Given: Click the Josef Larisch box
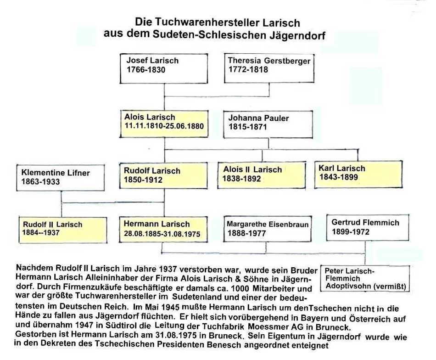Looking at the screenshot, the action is click(x=164, y=68).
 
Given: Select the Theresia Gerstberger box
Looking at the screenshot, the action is click(x=269, y=68).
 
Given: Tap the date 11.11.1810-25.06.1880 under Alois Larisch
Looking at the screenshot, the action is click(x=164, y=126).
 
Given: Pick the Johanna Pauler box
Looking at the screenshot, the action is click(x=268, y=124).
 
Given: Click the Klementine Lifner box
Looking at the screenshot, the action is click(x=61, y=178).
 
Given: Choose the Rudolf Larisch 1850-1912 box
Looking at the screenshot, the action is click(x=163, y=175).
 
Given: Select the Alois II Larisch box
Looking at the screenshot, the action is click(x=262, y=175).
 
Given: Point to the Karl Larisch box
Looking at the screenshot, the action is click(x=358, y=174).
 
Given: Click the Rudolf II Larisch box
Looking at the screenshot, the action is click(x=63, y=230).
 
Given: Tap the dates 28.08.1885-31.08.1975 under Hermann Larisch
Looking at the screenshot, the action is click(x=162, y=234).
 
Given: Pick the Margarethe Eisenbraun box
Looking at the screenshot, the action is click(x=268, y=229).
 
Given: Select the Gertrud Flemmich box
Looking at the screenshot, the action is click(x=368, y=228).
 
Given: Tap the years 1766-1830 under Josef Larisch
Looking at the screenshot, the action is click(x=146, y=69).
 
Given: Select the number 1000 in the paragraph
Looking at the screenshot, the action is click(x=240, y=288).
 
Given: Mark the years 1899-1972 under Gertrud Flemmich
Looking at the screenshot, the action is click(x=351, y=232).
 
